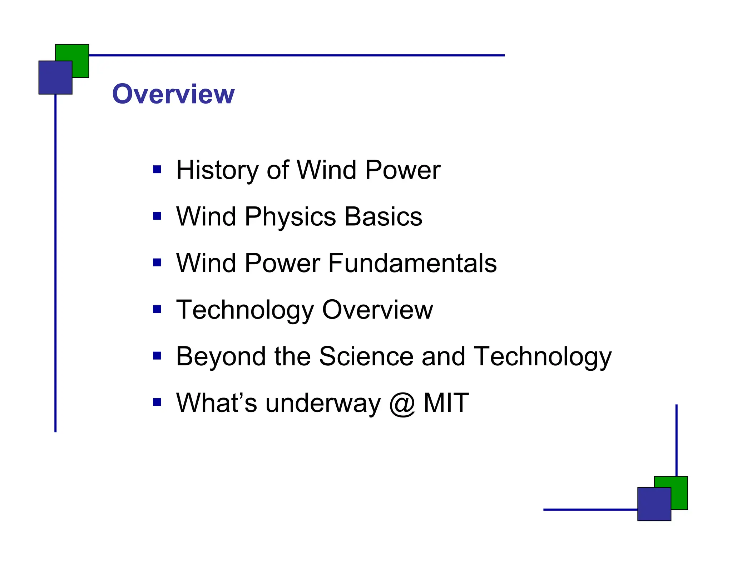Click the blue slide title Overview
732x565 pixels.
(173, 94)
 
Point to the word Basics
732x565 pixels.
(383, 216)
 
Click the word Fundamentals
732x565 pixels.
(412, 263)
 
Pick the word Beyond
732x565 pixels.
(221, 356)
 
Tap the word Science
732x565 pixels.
(366, 356)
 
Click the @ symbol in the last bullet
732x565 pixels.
(402, 404)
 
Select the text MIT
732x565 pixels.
(446, 403)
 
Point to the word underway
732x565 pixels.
(323, 404)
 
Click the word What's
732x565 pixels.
(217, 403)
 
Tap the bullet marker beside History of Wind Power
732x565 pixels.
(157, 169)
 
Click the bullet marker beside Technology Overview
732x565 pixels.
(157, 309)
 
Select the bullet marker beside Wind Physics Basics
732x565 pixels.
(157, 216)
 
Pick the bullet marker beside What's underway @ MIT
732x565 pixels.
(157, 402)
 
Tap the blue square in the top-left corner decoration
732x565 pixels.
(55, 77)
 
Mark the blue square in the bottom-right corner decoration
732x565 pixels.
(654, 504)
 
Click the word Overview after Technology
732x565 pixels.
(377, 310)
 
